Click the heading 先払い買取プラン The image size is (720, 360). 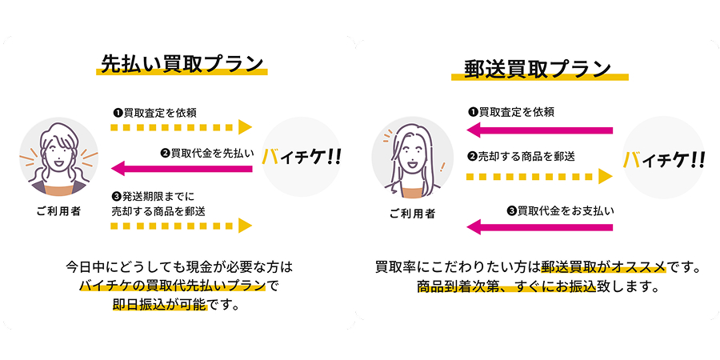pos(182,65)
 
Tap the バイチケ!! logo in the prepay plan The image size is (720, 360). pos(302,157)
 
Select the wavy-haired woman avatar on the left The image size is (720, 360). pos(58,157)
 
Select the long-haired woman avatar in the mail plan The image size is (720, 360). pos(413,157)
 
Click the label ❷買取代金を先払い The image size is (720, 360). pos(206,154)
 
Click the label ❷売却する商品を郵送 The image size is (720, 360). pos(521,156)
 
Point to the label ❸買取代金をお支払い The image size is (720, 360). pos(560,211)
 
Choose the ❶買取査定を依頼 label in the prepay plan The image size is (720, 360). pos(154,112)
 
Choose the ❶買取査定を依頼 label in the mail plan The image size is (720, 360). pos(510,111)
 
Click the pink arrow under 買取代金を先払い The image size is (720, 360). pos(182,169)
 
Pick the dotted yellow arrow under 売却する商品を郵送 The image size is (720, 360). pos(539,176)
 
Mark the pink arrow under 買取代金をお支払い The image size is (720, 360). pos(539,227)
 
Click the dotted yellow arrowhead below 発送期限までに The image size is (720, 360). pos(246,226)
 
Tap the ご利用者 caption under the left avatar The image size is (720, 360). pos(58,211)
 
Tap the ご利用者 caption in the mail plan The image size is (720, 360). pos(412,214)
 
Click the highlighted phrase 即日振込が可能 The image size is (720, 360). pos(160,305)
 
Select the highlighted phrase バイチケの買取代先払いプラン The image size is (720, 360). pos(173,286)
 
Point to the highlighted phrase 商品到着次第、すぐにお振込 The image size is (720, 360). pos(506,286)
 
